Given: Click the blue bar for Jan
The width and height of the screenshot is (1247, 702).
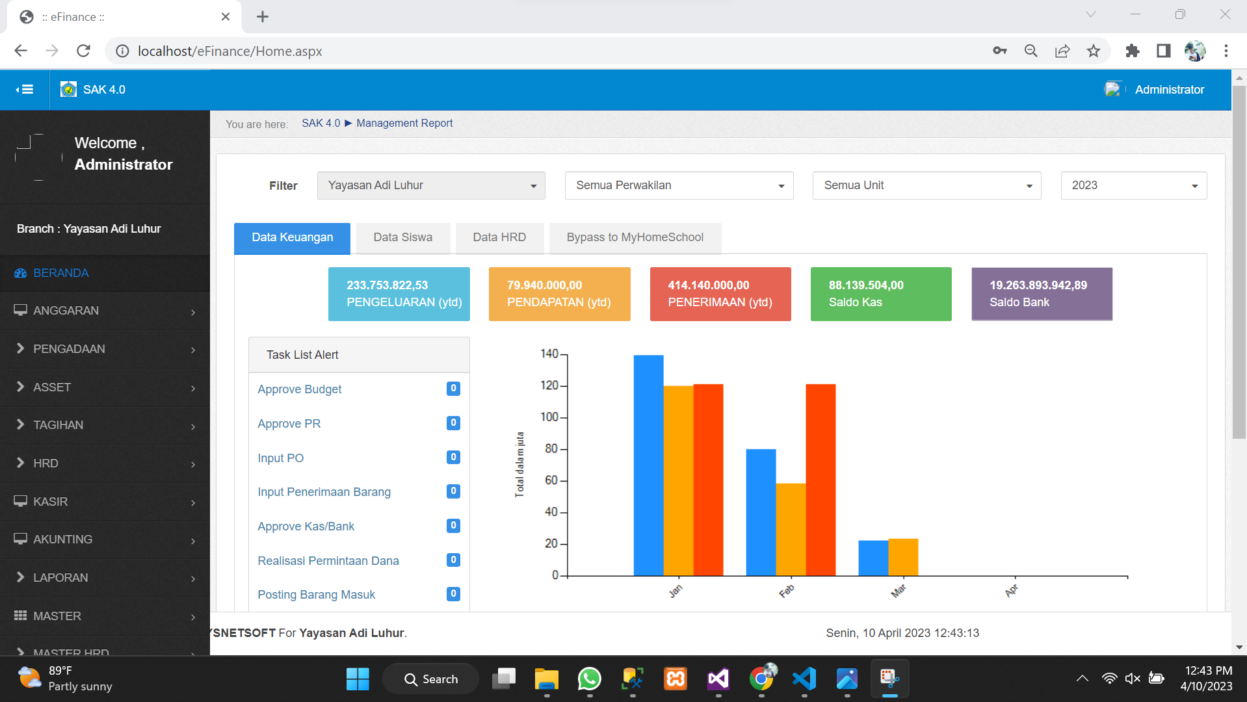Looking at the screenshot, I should [x=648, y=465].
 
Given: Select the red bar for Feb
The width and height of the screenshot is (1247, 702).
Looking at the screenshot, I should [x=820, y=480].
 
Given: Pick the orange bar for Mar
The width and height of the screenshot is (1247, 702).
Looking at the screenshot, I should [x=903, y=557].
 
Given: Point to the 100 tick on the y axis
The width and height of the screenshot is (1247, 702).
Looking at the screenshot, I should [x=550, y=417].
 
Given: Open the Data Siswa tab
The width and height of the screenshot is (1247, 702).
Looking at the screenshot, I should [x=402, y=237].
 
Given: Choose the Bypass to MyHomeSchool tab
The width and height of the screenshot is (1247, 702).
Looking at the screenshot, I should [x=635, y=237].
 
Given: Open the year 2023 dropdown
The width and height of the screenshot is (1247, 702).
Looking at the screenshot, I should [x=1133, y=185].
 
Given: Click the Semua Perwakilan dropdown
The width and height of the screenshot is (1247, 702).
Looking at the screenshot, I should [x=679, y=185].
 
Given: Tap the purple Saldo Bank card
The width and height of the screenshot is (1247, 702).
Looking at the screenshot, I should [x=1042, y=294].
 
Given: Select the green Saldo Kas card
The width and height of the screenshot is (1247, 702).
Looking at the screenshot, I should [x=880, y=294].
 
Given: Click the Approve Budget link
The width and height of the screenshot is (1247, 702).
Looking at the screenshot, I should [x=299, y=389].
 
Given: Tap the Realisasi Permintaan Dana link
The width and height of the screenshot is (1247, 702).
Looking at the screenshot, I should [x=328, y=560].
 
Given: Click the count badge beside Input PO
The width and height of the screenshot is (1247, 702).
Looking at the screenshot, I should [x=453, y=457].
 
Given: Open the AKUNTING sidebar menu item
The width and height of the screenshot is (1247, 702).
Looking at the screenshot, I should [x=62, y=539].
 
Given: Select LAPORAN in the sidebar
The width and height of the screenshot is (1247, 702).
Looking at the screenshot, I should [x=60, y=578].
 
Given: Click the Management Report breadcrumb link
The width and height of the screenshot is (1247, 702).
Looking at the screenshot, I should [x=404, y=123].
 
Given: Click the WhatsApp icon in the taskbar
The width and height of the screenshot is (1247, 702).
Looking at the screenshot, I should [x=589, y=679].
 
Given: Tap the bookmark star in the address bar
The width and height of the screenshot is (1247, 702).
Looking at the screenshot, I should [x=1094, y=51].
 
